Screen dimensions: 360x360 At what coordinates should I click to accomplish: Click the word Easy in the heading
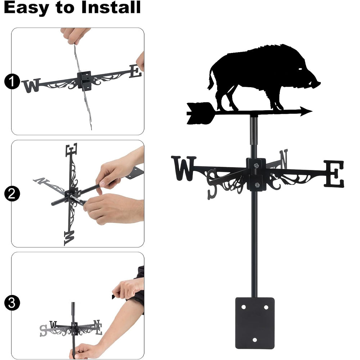tap(26, 8)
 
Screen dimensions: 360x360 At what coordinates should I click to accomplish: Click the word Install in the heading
tap(111, 7)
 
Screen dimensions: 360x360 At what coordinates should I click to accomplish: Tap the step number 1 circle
tap(12, 81)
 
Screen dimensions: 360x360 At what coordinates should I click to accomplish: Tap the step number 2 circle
tap(12, 194)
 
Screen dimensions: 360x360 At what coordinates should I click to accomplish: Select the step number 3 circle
tap(12, 303)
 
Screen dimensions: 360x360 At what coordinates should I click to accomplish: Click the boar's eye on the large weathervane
tap(300, 69)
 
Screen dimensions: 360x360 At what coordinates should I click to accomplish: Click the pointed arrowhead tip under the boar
tap(312, 111)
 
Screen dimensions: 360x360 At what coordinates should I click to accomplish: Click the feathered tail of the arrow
tap(201, 113)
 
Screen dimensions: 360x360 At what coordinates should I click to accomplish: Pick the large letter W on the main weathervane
tap(184, 168)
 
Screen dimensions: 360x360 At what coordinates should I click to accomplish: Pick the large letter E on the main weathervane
tap(334, 174)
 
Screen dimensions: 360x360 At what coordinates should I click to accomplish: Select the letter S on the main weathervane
tap(212, 184)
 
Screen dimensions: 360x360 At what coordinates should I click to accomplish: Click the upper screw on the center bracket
tap(256, 165)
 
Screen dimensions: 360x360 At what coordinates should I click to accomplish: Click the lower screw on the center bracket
tap(257, 185)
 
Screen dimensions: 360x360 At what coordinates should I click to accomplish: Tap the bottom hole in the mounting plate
tap(255, 340)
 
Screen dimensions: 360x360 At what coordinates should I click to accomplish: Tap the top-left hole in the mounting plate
tap(243, 307)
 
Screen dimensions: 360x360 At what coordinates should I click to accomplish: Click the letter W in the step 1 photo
tap(31, 86)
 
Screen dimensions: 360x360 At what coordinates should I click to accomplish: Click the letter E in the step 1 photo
tap(135, 71)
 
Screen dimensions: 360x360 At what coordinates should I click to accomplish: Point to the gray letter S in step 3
tap(44, 330)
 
